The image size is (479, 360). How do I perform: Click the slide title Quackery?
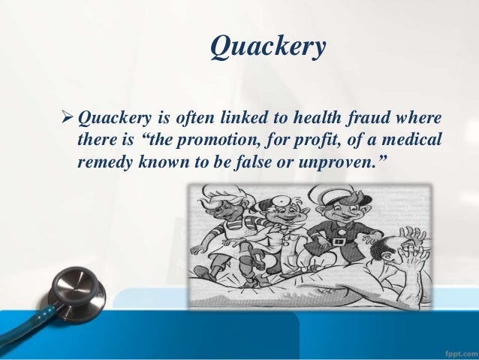(268, 47)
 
